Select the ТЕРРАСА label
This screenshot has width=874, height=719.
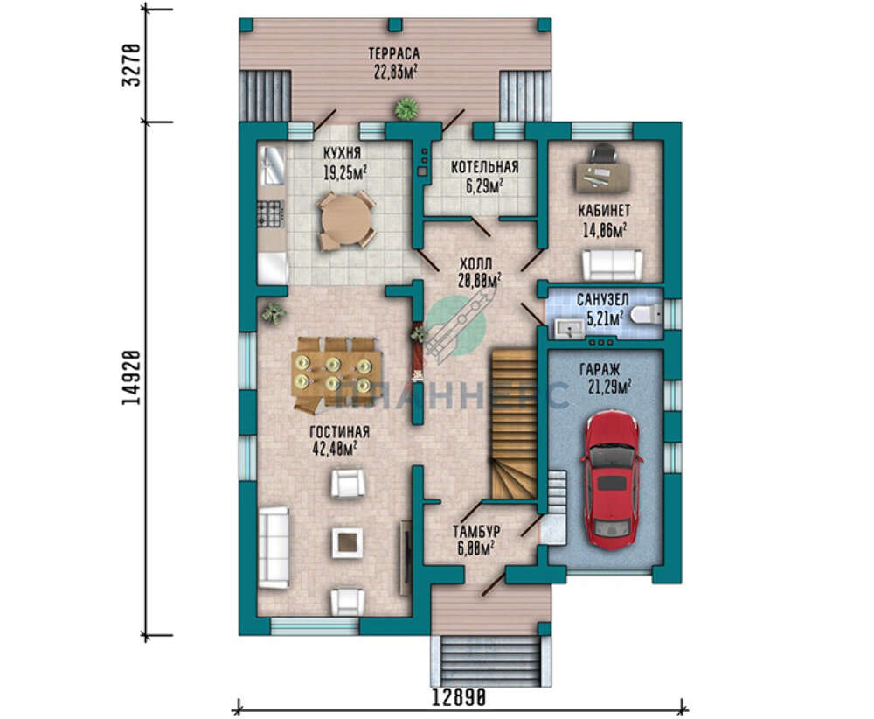[393, 53]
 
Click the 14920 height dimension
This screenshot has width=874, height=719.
[132, 378]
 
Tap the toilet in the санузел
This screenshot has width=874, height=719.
[646, 315]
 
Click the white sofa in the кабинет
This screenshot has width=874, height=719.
[613, 265]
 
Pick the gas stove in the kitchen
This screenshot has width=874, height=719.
[270, 214]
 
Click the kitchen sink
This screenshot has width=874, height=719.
[272, 165]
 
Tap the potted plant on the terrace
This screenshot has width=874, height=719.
[407, 108]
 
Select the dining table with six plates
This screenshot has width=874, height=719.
[336, 373]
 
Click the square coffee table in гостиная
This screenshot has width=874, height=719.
[348, 542]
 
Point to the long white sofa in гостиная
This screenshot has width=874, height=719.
[273, 548]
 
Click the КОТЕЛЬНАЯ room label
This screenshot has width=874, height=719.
[485, 167]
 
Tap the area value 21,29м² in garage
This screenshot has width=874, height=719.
[610, 386]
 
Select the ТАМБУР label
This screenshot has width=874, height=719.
[476, 531]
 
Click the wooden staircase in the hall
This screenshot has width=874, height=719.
[513, 424]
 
